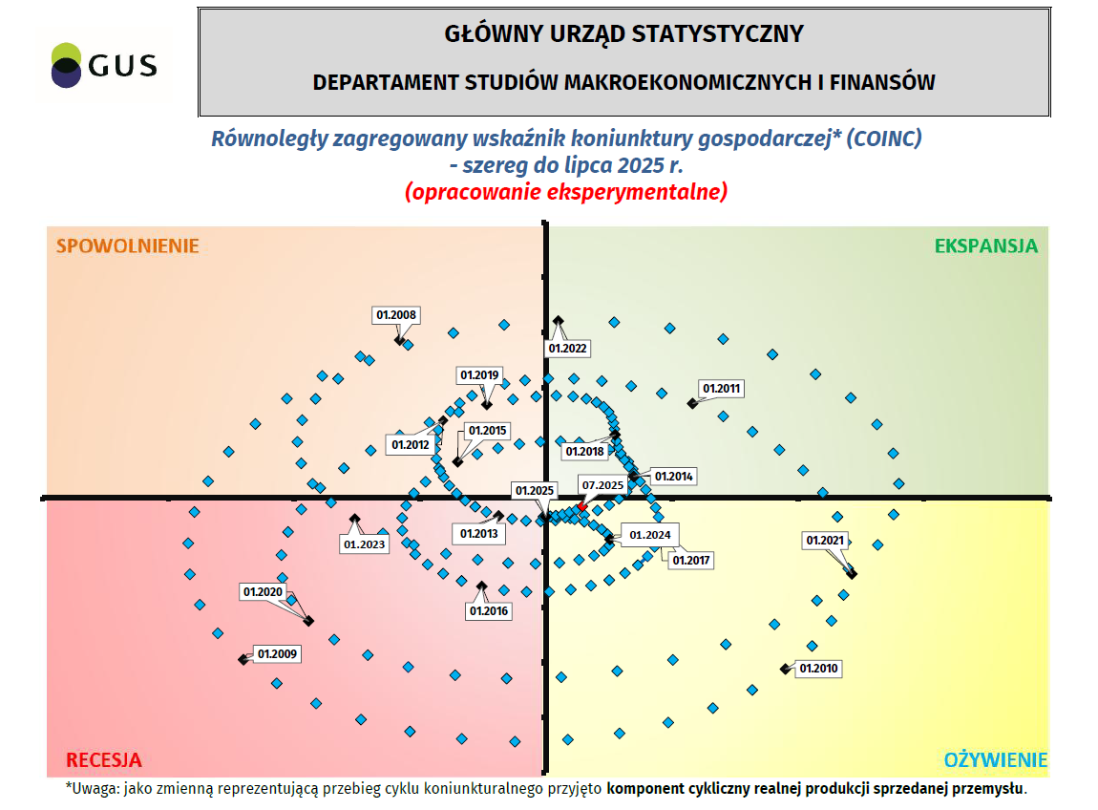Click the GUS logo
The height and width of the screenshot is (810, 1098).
click(103, 65)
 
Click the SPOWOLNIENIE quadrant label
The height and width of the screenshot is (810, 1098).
click(127, 246)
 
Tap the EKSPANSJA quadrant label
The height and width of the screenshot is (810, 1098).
click(985, 246)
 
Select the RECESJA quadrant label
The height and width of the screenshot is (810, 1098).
click(103, 760)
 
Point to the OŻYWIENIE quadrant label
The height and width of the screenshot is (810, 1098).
click(996, 760)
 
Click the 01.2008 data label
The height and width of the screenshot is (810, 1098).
click(396, 315)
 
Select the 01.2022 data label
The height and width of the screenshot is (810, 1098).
click(567, 349)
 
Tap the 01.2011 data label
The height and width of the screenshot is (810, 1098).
click(722, 389)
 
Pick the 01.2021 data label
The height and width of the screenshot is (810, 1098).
click(826, 541)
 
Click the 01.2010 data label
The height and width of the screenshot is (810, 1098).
click(818, 669)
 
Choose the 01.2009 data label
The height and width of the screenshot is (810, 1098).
click(278, 654)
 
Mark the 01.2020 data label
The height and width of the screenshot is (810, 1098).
click(263, 592)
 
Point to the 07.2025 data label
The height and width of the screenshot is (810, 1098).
click(602, 485)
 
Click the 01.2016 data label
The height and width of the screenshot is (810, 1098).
click(490, 611)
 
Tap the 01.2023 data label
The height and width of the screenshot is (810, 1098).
click(364, 544)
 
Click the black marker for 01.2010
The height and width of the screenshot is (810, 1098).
click(785, 669)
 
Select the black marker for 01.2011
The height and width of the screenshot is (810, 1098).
click(692, 403)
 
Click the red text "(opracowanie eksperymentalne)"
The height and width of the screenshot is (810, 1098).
click(565, 191)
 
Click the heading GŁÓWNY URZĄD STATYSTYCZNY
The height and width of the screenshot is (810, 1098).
click(623, 34)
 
